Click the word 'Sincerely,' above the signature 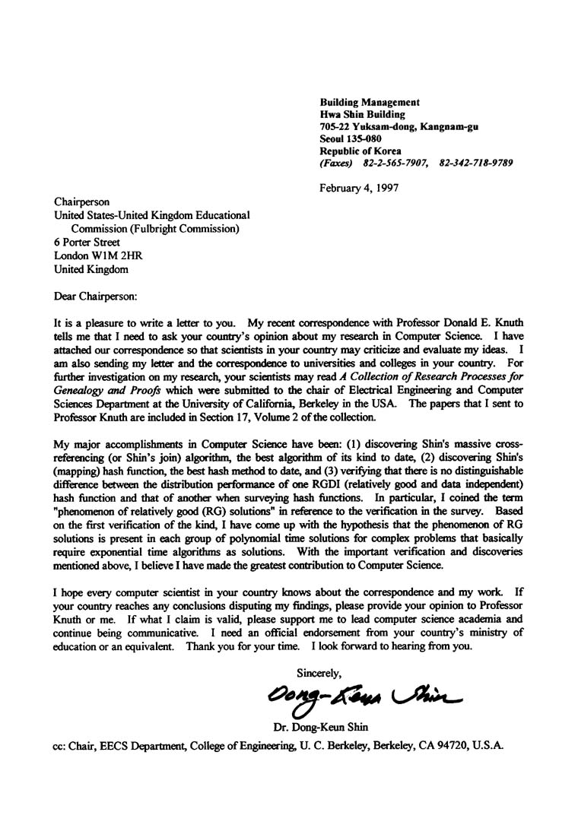319,671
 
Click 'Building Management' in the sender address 370,102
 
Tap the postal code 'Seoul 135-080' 351,138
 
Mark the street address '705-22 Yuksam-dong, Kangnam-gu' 399,126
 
